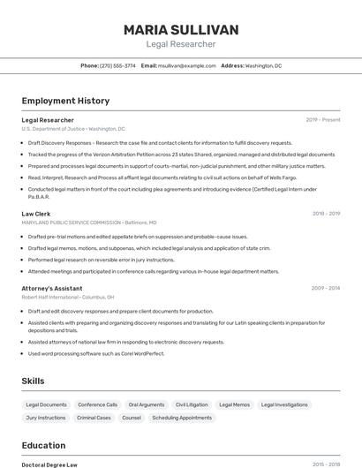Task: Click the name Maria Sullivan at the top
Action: [180, 30]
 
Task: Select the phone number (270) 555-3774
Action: [118, 65]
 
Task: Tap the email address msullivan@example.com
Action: [187, 65]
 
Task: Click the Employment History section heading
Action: [65, 101]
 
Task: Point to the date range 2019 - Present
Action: [323, 119]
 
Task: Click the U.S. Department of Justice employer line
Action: [73, 129]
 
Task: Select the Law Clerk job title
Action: [36, 214]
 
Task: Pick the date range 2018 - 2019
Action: [326, 214]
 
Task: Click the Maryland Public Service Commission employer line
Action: [88, 223]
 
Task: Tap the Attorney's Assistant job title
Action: [52, 288]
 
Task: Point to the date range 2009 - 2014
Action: [326, 288]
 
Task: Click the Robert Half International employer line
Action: [68, 298]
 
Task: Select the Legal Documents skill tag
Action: [46, 404]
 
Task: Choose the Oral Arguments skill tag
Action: [147, 404]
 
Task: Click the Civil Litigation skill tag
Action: [192, 404]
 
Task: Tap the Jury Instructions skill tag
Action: [46, 418]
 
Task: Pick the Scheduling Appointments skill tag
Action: [182, 418]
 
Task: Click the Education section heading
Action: [43, 445]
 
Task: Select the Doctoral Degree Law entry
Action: [49, 464]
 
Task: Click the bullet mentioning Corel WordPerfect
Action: [95, 353]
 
